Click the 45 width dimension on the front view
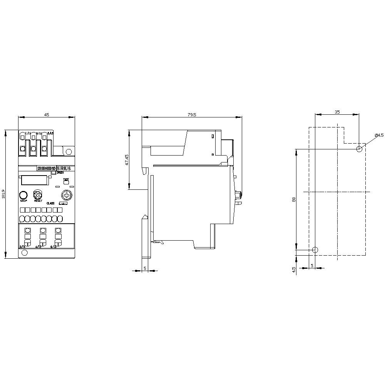[46, 114]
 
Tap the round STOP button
[23, 194]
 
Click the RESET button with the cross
[38, 194]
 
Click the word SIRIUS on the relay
[64, 168]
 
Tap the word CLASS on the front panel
[50, 203]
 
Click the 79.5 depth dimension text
[191, 114]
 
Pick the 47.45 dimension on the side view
[127, 160]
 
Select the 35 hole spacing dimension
[337, 112]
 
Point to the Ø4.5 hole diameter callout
[379, 135]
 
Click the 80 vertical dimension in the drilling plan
[293, 199]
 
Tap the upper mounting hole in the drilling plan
[359, 149]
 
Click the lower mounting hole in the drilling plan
[315, 250]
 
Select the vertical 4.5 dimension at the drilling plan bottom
[293, 269]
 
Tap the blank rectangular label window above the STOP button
[34, 179]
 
